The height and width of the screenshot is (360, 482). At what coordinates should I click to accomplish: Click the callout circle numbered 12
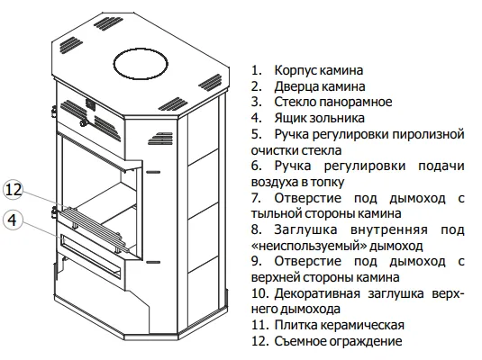click(14, 190)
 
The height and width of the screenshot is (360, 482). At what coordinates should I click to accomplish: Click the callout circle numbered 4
click(13, 220)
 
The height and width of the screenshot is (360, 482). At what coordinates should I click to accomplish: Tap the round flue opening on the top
click(141, 64)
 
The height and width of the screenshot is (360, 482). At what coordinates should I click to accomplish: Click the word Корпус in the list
click(296, 70)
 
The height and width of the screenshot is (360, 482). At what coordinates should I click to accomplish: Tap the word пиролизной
click(429, 134)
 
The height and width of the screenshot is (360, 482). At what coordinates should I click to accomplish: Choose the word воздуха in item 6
click(272, 182)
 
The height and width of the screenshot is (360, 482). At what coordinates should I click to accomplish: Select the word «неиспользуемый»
click(308, 246)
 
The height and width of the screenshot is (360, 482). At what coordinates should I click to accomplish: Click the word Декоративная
click(317, 293)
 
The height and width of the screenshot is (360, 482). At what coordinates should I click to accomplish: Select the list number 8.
click(256, 230)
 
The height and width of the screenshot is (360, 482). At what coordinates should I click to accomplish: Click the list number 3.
click(256, 103)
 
